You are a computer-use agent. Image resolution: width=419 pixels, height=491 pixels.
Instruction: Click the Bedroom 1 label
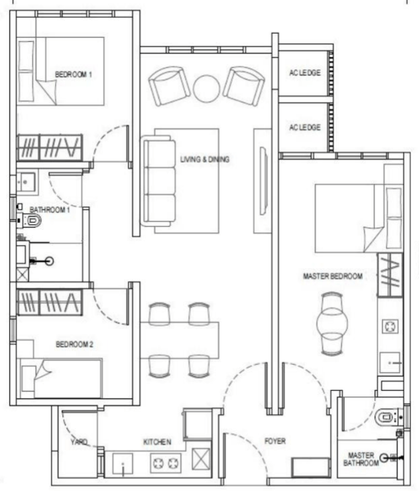(74, 74)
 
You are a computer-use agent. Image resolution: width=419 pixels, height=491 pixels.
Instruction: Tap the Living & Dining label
(205, 159)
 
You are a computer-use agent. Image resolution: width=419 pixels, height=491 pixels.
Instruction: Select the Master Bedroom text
(333, 276)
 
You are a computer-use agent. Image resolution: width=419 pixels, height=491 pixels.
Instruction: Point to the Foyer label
(275, 441)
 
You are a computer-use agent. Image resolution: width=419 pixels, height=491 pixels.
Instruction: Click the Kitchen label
(157, 442)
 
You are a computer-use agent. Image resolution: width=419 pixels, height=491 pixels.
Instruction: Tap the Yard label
(79, 442)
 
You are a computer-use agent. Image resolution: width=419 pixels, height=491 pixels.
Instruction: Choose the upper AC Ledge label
(305, 73)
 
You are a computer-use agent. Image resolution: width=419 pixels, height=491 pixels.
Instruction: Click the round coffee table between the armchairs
(207, 89)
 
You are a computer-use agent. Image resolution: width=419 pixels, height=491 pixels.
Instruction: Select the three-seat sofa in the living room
(158, 180)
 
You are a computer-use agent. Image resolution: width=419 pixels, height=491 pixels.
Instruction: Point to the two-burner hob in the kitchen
(166, 463)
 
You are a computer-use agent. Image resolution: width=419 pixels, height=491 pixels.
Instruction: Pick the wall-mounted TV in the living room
(263, 181)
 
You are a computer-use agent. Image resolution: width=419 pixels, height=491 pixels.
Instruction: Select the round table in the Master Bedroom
(332, 324)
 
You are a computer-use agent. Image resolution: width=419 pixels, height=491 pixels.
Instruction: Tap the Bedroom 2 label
(74, 344)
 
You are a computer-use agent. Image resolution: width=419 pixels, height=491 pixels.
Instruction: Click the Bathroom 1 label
(50, 210)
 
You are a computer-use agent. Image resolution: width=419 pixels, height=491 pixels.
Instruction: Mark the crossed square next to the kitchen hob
(201, 459)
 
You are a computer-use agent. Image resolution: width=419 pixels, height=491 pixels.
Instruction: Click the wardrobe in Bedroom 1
(50, 147)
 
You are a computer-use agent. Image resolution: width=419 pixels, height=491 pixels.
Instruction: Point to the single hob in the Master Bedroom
(390, 326)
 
